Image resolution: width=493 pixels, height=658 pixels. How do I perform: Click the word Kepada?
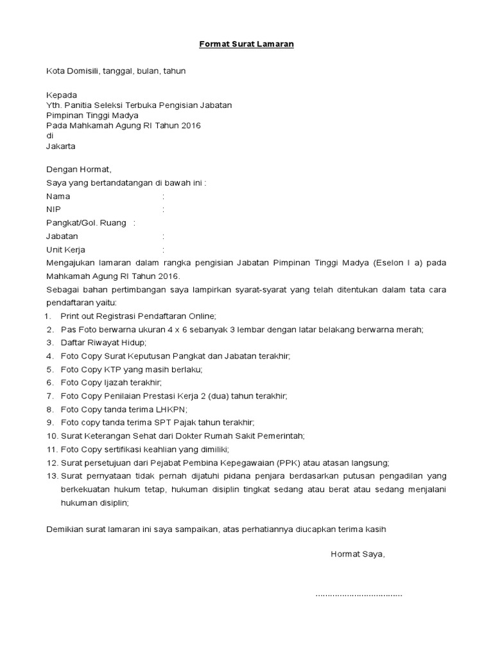click(62, 94)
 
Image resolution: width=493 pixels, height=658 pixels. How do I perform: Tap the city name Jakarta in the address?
click(61, 146)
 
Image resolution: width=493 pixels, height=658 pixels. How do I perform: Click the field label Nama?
click(58, 196)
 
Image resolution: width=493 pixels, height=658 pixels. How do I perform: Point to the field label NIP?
click(55, 209)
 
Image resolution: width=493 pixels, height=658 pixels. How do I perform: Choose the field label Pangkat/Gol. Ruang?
click(86, 223)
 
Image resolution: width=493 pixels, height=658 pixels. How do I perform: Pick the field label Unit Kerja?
click(66, 249)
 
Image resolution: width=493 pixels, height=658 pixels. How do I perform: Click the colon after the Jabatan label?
click(164, 236)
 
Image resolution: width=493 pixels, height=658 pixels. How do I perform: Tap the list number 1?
click(49, 316)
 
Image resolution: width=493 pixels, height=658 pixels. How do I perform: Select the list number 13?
click(51, 476)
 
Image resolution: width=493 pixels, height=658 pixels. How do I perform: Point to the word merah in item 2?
click(410, 330)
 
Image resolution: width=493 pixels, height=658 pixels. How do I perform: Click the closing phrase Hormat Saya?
click(358, 554)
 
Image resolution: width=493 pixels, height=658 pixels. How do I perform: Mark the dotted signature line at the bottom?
click(359, 594)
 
